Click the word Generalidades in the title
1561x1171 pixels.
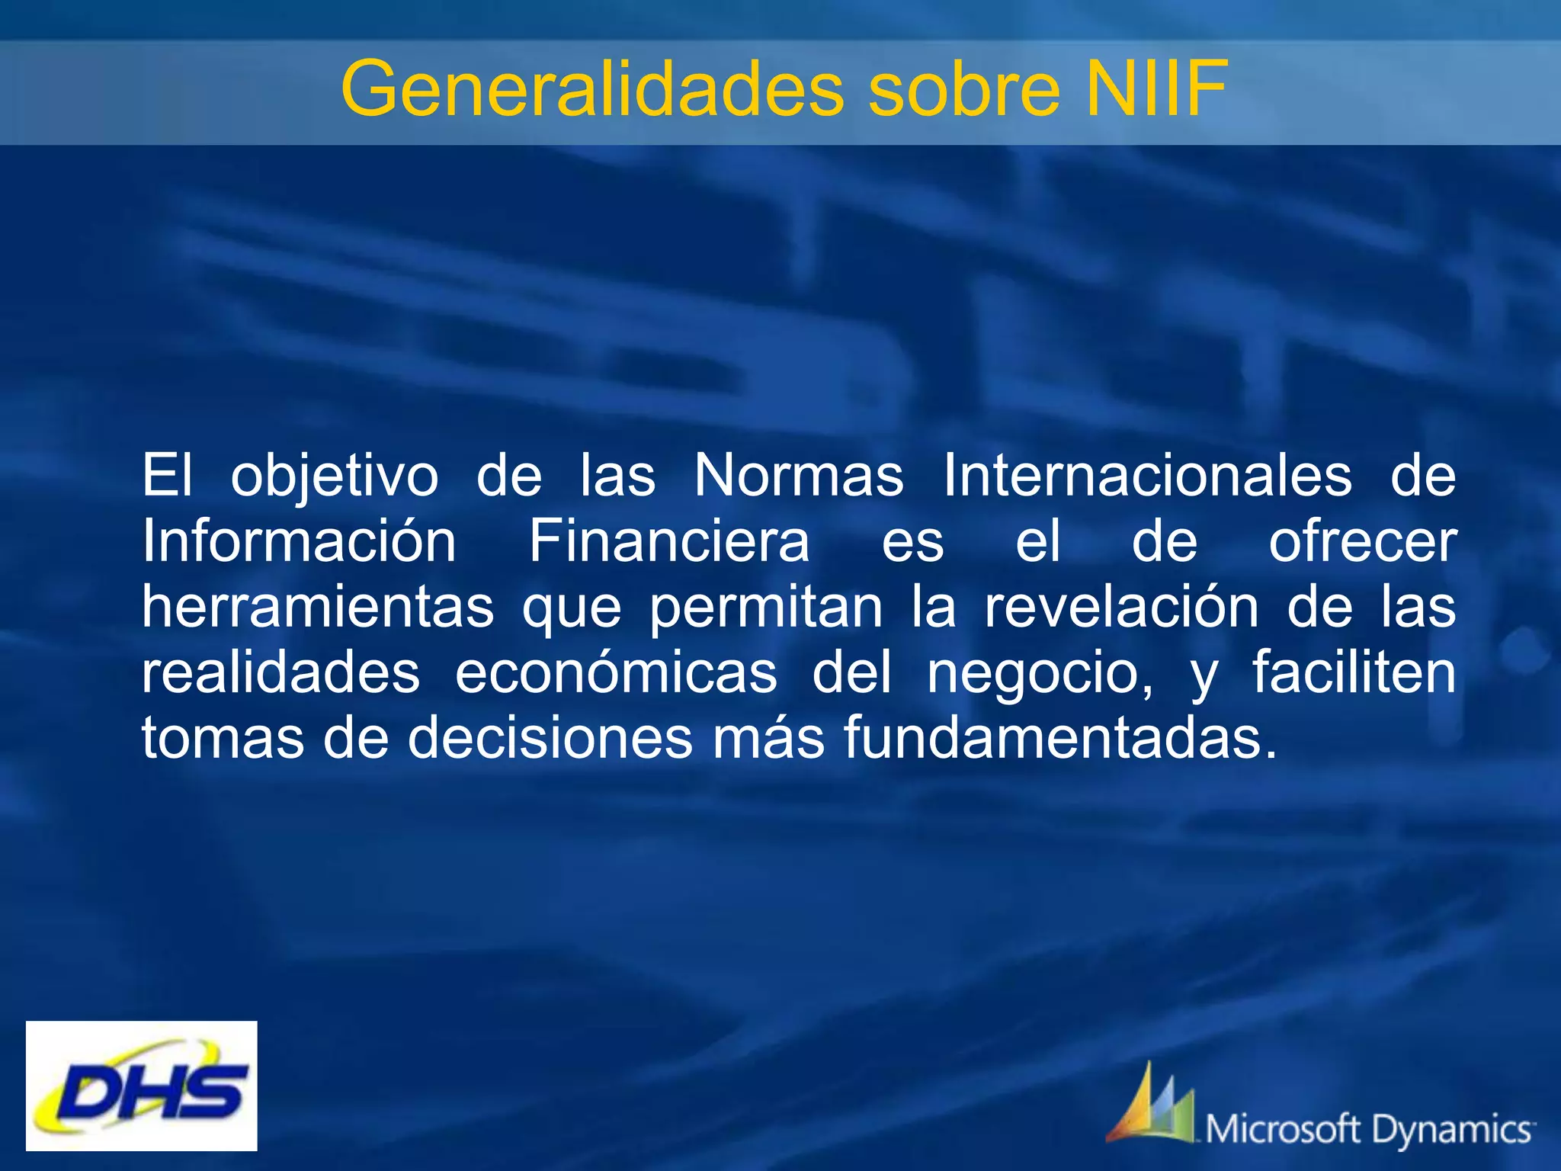(591, 90)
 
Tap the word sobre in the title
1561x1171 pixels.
(963, 90)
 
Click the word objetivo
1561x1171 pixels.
(335, 477)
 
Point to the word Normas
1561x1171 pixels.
(798, 476)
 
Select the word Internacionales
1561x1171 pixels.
(1147, 476)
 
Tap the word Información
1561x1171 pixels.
(299, 541)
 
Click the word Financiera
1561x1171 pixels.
(669, 541)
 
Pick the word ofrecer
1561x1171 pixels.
(1363, 541)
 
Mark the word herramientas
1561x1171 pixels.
(318, 607)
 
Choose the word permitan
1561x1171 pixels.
(766, 608)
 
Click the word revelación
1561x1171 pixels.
(1121, 607)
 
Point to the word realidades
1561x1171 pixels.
(280, 672)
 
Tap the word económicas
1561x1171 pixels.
(616, 672)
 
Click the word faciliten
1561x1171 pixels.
(1354, 672)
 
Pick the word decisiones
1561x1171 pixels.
(550, 738)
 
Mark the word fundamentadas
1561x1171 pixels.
(1059, 738)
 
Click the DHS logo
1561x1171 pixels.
(142, 1086)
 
